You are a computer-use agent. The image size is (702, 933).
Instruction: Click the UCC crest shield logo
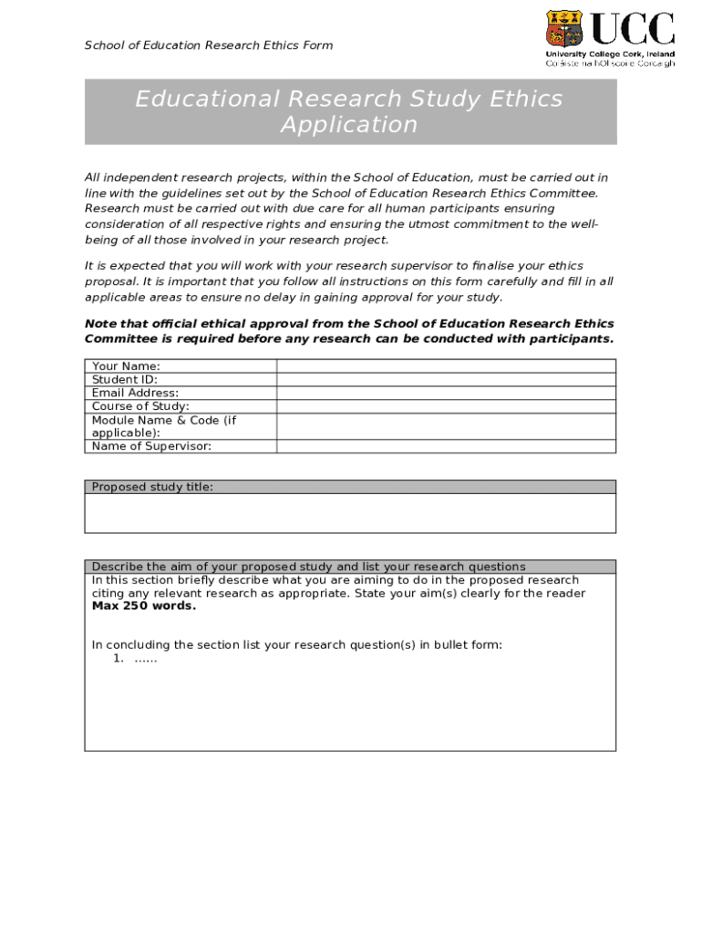pos(563,29)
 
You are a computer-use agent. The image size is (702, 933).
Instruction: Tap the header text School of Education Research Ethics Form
pos(209,46)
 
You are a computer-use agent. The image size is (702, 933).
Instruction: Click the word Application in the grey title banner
pos(349,125)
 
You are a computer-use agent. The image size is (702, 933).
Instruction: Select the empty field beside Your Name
pos(446,366)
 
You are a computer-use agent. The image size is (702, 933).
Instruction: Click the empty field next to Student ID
pos(446,379)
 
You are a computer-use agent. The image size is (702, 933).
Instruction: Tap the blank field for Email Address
pos(446,393)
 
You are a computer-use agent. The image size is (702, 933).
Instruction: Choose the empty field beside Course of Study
pos(446,406)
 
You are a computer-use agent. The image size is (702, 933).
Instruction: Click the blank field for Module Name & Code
pos(446,426)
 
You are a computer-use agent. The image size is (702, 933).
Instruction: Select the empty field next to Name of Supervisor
pos(446,446)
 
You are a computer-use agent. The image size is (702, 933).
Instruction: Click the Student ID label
pos(125,380)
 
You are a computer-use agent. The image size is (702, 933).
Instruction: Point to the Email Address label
pos(135,393)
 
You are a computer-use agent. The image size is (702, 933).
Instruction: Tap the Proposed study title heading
pos(152,487)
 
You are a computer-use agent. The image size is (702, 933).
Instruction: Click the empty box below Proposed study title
pos(350,513)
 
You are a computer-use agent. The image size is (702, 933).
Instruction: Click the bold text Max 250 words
pos(143,606)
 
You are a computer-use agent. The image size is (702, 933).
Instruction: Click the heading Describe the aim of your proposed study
pos(308,567)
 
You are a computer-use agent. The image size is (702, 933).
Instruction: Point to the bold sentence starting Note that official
pos(349,331)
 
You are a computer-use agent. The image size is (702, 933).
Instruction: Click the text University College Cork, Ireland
pos(610,55)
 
